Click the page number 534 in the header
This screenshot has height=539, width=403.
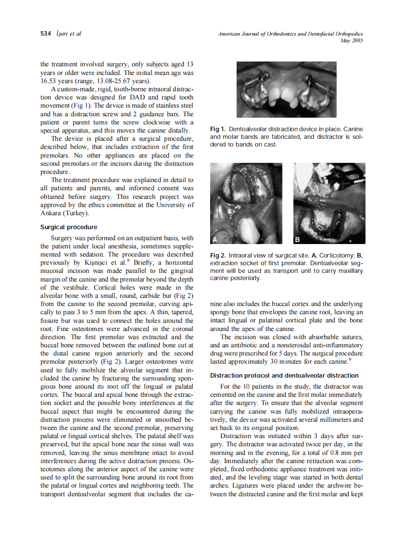click(45, 34)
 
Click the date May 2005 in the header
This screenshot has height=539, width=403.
click(351, 41)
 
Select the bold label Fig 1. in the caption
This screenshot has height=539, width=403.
click(218, 129)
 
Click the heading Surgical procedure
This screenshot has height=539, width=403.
click(68, 227)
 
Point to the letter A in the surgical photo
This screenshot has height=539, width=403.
click(216, 239)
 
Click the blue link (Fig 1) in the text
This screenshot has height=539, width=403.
click(81, 105)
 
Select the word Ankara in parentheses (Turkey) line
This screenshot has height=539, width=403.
click(51, 213)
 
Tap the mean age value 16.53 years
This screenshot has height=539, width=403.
click(56, 81)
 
